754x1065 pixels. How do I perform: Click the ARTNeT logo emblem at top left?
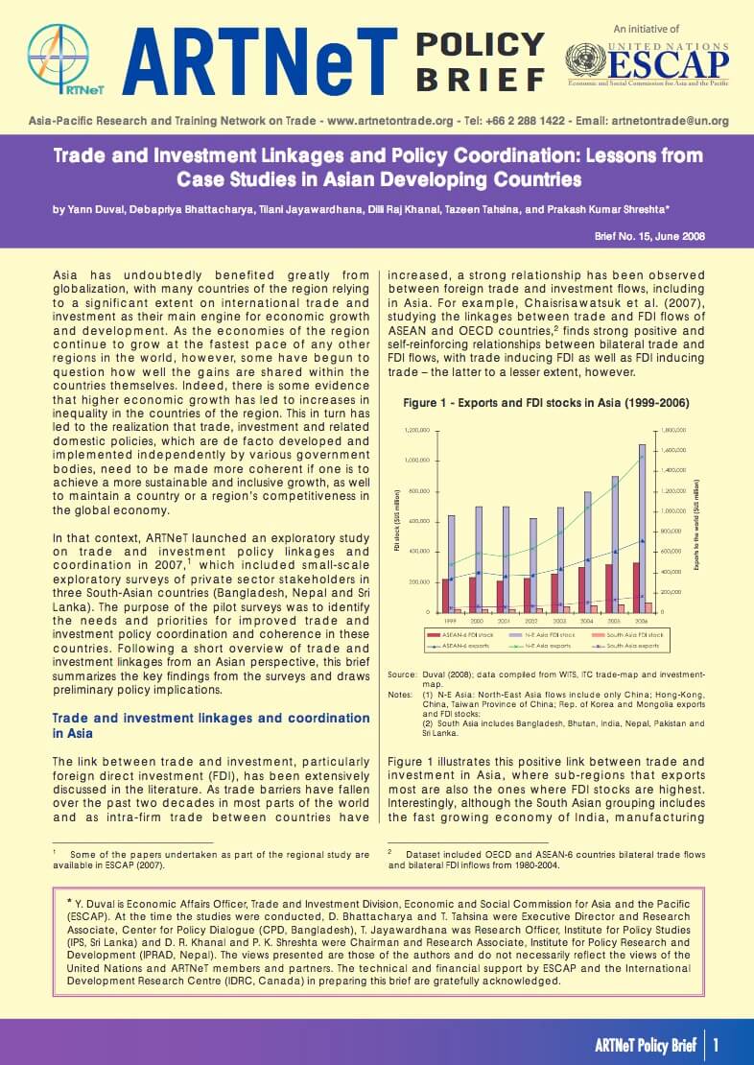click(59, 59)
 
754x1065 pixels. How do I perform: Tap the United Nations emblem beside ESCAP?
click(580, 61)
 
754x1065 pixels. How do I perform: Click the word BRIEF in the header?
click(480, 79)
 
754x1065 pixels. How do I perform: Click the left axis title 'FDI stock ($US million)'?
click(396, 521)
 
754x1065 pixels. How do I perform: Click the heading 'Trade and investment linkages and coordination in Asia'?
click(210, 725)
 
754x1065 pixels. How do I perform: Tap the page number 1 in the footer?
click(716, 1043)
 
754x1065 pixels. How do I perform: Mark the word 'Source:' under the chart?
click(401, 674)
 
